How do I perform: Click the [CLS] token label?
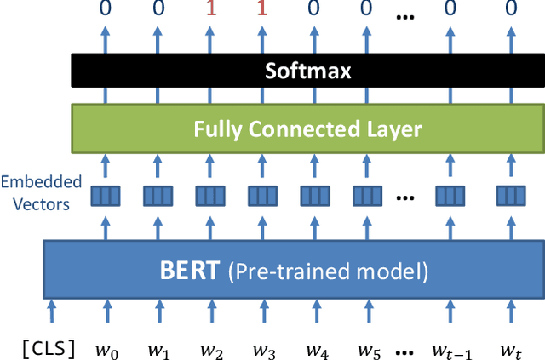tap(50, 347)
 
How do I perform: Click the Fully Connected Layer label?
tap(307, 129)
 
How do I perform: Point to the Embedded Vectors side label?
tap(41, 191)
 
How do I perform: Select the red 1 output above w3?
tap(262, 11)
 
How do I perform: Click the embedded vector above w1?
tap(158, 196)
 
